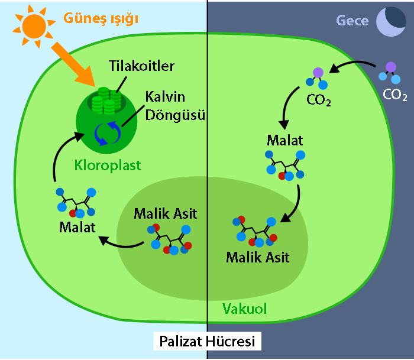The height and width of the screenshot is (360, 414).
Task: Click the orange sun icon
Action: click(x=34, y=26)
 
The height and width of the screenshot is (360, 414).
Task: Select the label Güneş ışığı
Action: click(x=101, y=19)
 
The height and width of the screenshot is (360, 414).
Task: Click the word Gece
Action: click(x=352, y=20)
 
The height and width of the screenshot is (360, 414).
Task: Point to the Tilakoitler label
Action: click(x=142, y=66)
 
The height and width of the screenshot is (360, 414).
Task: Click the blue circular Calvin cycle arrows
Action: click(x=108, y=133)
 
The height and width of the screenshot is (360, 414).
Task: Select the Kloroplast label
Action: click(x=108, y=166)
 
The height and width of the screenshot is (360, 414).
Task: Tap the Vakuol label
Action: click(x=244, y=309)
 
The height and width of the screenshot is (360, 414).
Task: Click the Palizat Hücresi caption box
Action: click(x=207, y=341)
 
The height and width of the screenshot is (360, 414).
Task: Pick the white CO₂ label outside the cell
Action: click(x=394, y=95)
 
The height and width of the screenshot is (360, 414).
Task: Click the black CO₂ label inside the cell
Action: click(x=318, y=100)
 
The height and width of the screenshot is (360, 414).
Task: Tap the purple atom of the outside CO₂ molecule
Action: click(x=391, y=67)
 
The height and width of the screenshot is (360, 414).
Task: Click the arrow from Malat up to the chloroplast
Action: click(x=59, y=153)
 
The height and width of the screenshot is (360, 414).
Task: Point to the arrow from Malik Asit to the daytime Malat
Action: click(x=121, y=244)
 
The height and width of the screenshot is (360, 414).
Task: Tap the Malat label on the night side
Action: click(x=284, y=141)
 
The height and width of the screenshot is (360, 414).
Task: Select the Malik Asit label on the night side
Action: click(x=258, y=257)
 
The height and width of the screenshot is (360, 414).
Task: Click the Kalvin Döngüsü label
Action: click(x=175, y=106)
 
